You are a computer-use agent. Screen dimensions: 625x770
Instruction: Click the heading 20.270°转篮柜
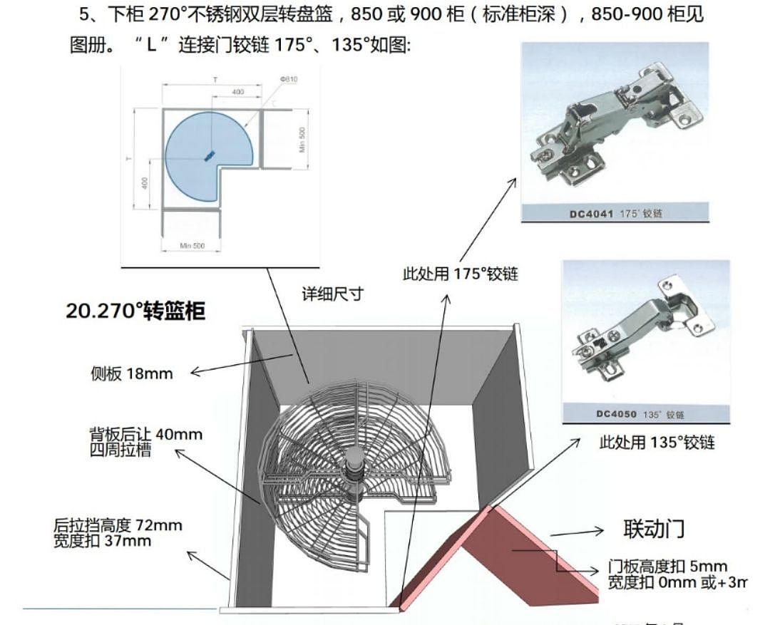click(x=135, y=311)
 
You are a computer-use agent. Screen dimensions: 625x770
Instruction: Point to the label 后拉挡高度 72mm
click(x=118, y=526)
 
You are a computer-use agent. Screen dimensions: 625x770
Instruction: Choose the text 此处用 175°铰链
click(x=460, y=274)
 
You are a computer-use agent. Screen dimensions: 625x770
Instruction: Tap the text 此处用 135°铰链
click(x=657, y=443)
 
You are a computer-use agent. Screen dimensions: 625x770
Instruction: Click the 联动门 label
click(x=654, y=529)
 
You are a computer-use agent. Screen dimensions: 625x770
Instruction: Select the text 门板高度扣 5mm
click(x=668, y=567)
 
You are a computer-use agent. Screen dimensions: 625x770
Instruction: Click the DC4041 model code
click(x=592, y=212)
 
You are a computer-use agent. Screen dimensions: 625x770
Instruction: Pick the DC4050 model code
click(x=620, y=414)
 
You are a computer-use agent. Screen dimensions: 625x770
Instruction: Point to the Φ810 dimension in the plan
click(x=288, y=79)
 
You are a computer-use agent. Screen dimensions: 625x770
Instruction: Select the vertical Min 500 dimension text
click(x=302, y=140)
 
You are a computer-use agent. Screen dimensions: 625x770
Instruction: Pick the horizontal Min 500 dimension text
click(x=192, y=246)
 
